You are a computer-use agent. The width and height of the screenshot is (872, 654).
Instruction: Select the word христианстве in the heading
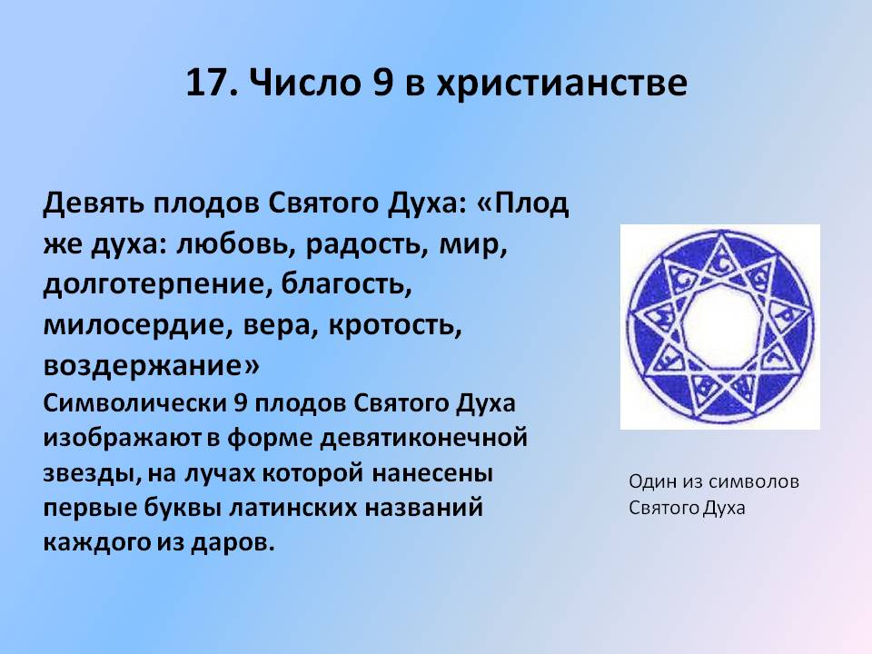tap(561, 84)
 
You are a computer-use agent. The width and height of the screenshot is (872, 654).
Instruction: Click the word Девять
tap(93, 203)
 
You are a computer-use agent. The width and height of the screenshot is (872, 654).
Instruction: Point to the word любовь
tap(234, 244)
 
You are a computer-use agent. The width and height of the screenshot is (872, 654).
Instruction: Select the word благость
tap(346, 283)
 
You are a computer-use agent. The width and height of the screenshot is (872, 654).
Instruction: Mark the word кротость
tap(395, 326)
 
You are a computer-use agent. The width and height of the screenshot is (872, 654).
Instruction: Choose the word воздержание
tap(151, 366)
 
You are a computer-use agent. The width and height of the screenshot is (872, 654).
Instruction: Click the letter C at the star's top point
tap(722, 266)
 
